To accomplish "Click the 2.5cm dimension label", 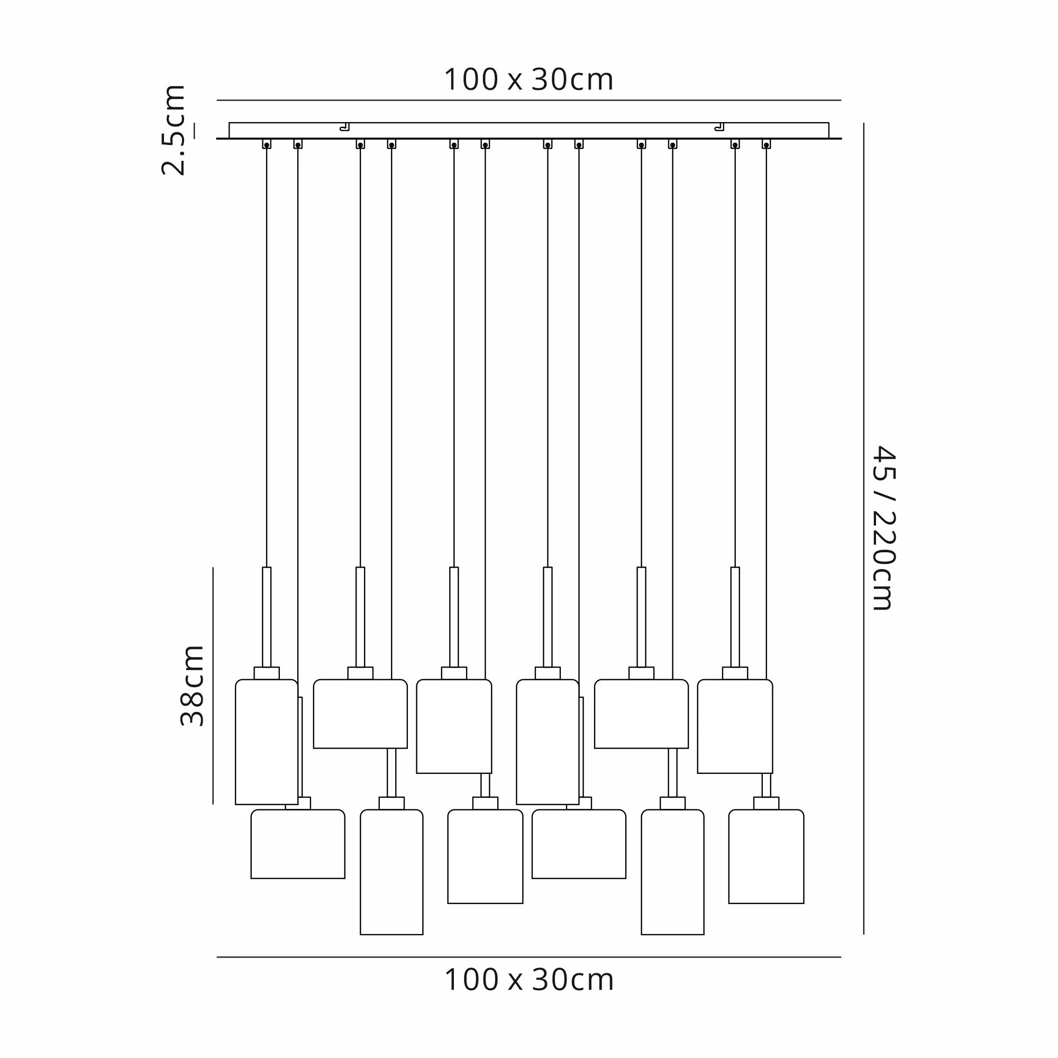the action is [173, 130].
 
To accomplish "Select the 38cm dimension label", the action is [192, 686].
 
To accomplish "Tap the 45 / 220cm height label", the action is [883, 528].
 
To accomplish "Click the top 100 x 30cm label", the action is [528, 80].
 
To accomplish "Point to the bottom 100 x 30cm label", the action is [528, 980].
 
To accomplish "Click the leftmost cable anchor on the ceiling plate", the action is [267, 144].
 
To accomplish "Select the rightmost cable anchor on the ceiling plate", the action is [766, 144].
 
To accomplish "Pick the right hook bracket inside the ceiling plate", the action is [719, 127].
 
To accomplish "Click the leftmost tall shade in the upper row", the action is [267, 742].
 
